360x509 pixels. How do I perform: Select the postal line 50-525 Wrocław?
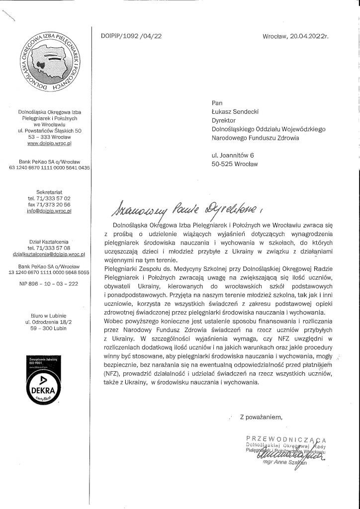click(235, 164)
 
